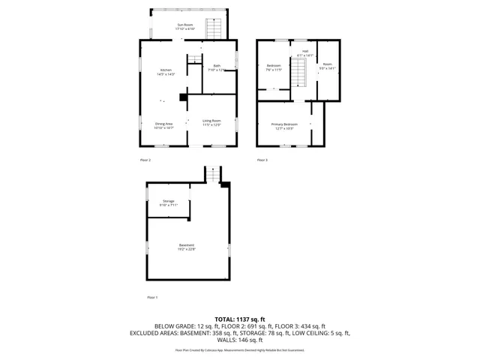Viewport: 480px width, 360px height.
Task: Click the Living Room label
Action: (x=211, y=121)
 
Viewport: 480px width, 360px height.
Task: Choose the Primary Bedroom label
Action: (x=284, y=124)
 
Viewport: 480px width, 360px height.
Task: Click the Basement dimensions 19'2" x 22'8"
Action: (x=187, y=249)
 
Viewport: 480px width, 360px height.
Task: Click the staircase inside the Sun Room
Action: (x=214, y=29)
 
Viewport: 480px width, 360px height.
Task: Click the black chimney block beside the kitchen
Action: (x=183, y=95)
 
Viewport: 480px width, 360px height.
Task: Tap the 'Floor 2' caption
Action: (x=145, y=160)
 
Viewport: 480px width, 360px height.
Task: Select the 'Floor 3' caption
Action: (x=262, y=160)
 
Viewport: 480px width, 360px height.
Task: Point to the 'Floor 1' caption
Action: (x=152, y=298)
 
